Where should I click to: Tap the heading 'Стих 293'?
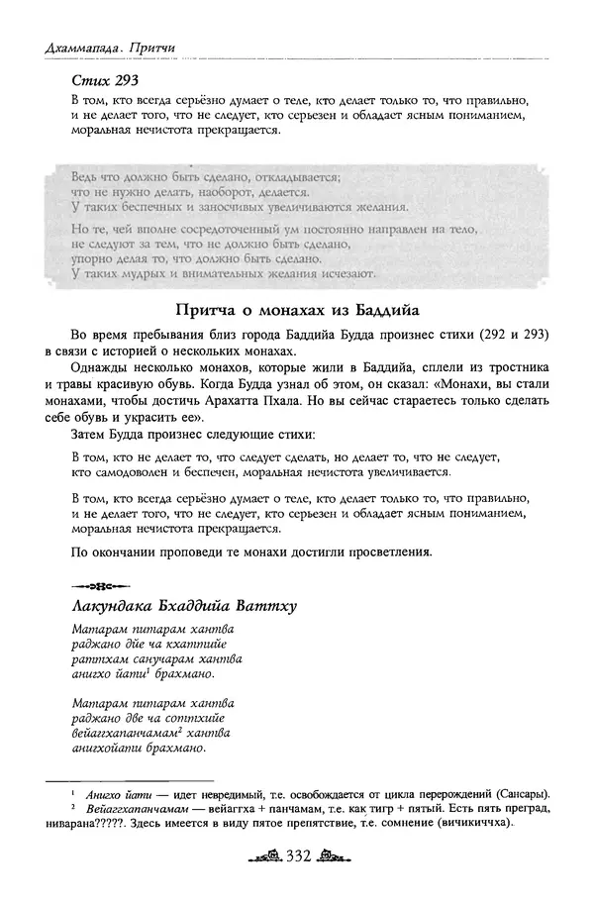point(104,79)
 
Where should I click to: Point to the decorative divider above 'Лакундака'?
point(95,581)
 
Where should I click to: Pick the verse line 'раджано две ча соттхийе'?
point(150,716)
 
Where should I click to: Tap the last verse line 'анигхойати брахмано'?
point(140,749)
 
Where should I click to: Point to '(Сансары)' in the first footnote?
point(517,795)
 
